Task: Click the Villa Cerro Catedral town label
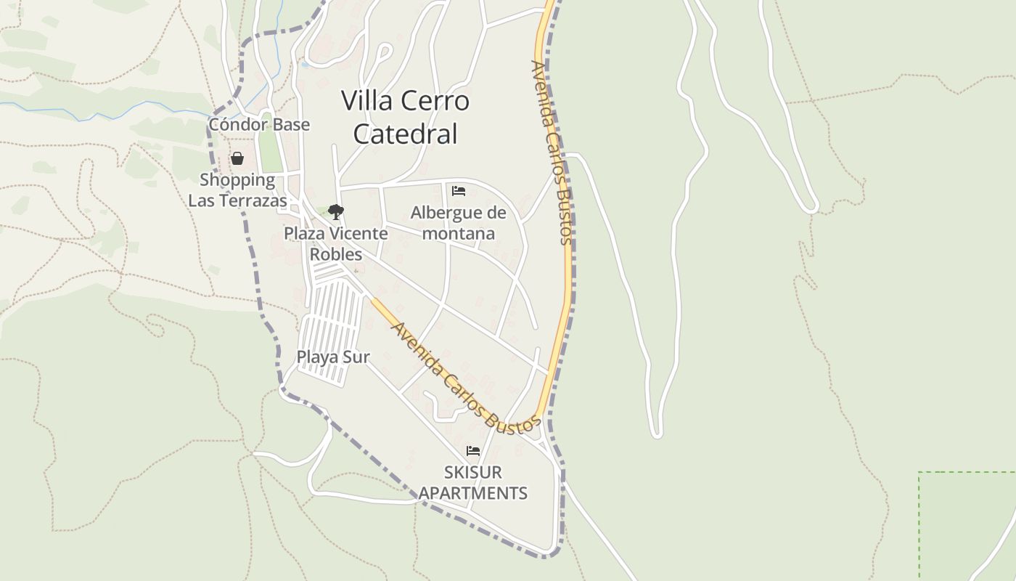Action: point(405,117)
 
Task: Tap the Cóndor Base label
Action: point(259,124)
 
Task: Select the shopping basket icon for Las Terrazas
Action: point(237,158)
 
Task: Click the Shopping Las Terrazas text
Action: point(237,190)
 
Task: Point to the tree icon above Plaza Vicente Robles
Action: point(335,211)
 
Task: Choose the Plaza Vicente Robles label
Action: point(335,244)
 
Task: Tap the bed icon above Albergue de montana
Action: point(459,191)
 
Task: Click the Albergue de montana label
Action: point(458,223)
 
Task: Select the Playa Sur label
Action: point(333,357)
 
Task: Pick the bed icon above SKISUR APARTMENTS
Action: point(473,451)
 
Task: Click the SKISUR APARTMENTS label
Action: point(473,482)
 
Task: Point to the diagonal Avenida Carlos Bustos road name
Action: point(465,378)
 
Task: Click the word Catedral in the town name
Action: point(406,134)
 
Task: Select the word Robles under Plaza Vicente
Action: point(336,254)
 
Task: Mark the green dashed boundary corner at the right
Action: point(920,474)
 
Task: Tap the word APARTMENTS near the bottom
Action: point(473,493)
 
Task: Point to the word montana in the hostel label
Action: point(458,233)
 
